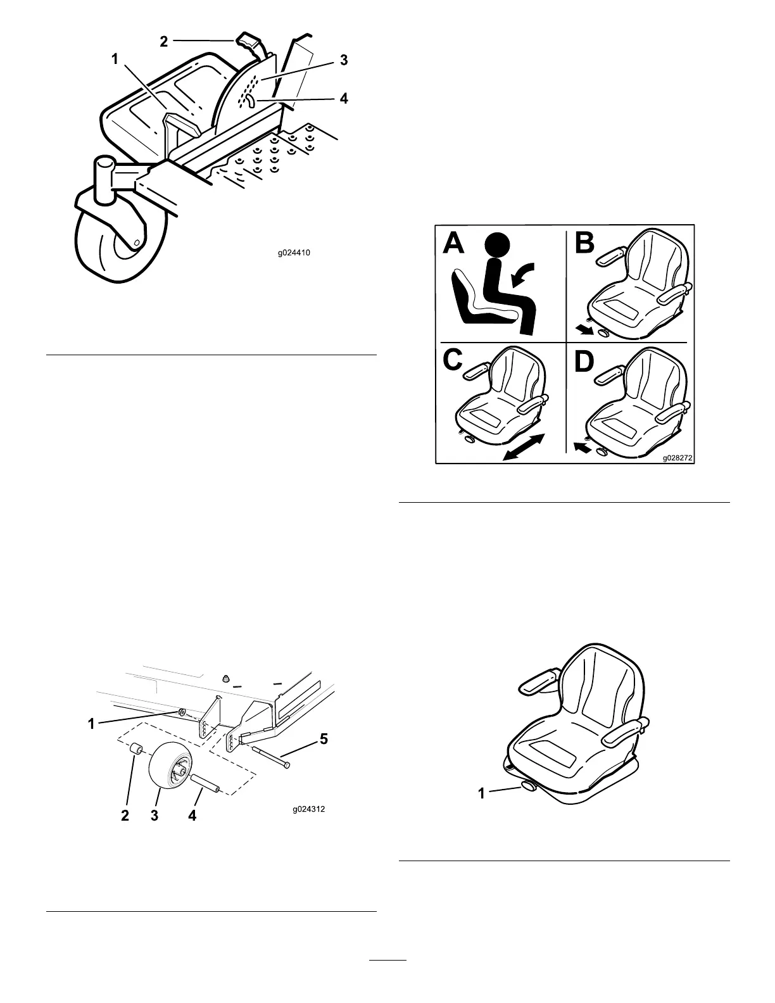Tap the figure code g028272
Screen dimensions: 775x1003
pyautogui.click(x=676, y=456)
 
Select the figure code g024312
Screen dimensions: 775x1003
pyautogui.click(x=310, y=809)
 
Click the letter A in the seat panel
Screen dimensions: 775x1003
pyautogui.click(x=453, y=243)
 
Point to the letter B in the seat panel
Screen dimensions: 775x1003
pyautogui.click(x=584, y=243)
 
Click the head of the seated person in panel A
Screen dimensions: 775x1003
pyautogui.click(x=497, y=246)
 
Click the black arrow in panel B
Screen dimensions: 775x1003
pyautogui.click(x=585, y=329)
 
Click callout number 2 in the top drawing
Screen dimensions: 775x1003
pyautogui.click(x=164, y=41)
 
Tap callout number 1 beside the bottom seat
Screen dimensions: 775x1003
pyautogui.click(x=482, y=792)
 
